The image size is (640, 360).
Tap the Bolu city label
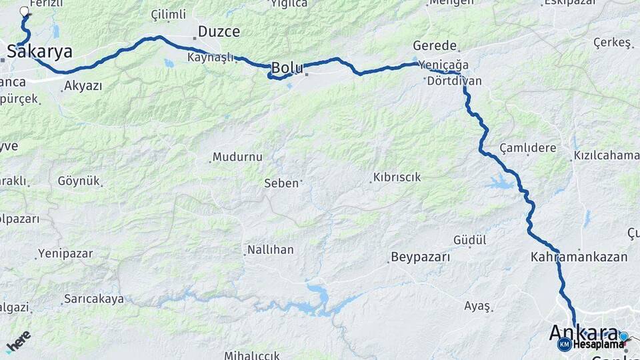point(287,67)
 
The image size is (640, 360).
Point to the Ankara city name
point(584,332)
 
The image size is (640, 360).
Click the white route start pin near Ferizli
point(25,11)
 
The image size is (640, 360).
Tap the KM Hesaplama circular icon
point(564,344)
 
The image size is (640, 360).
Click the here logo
point(19,341)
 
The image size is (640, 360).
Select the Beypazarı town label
point(420,257)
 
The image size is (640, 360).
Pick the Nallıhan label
point(270,250)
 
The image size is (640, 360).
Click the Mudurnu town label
point(237,157)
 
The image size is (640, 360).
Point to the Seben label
point(281,183)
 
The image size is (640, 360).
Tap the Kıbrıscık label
point(397,177)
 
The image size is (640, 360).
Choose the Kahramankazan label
point(579,257)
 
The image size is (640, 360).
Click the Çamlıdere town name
point(527,148)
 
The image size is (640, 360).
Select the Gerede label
point(435,46)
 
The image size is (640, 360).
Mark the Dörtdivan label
point(453,81)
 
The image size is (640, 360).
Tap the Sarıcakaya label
point(94,299)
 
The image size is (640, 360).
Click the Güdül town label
point(470,239)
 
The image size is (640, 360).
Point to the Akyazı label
point(83,86)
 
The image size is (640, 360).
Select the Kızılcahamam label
point(606,156)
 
